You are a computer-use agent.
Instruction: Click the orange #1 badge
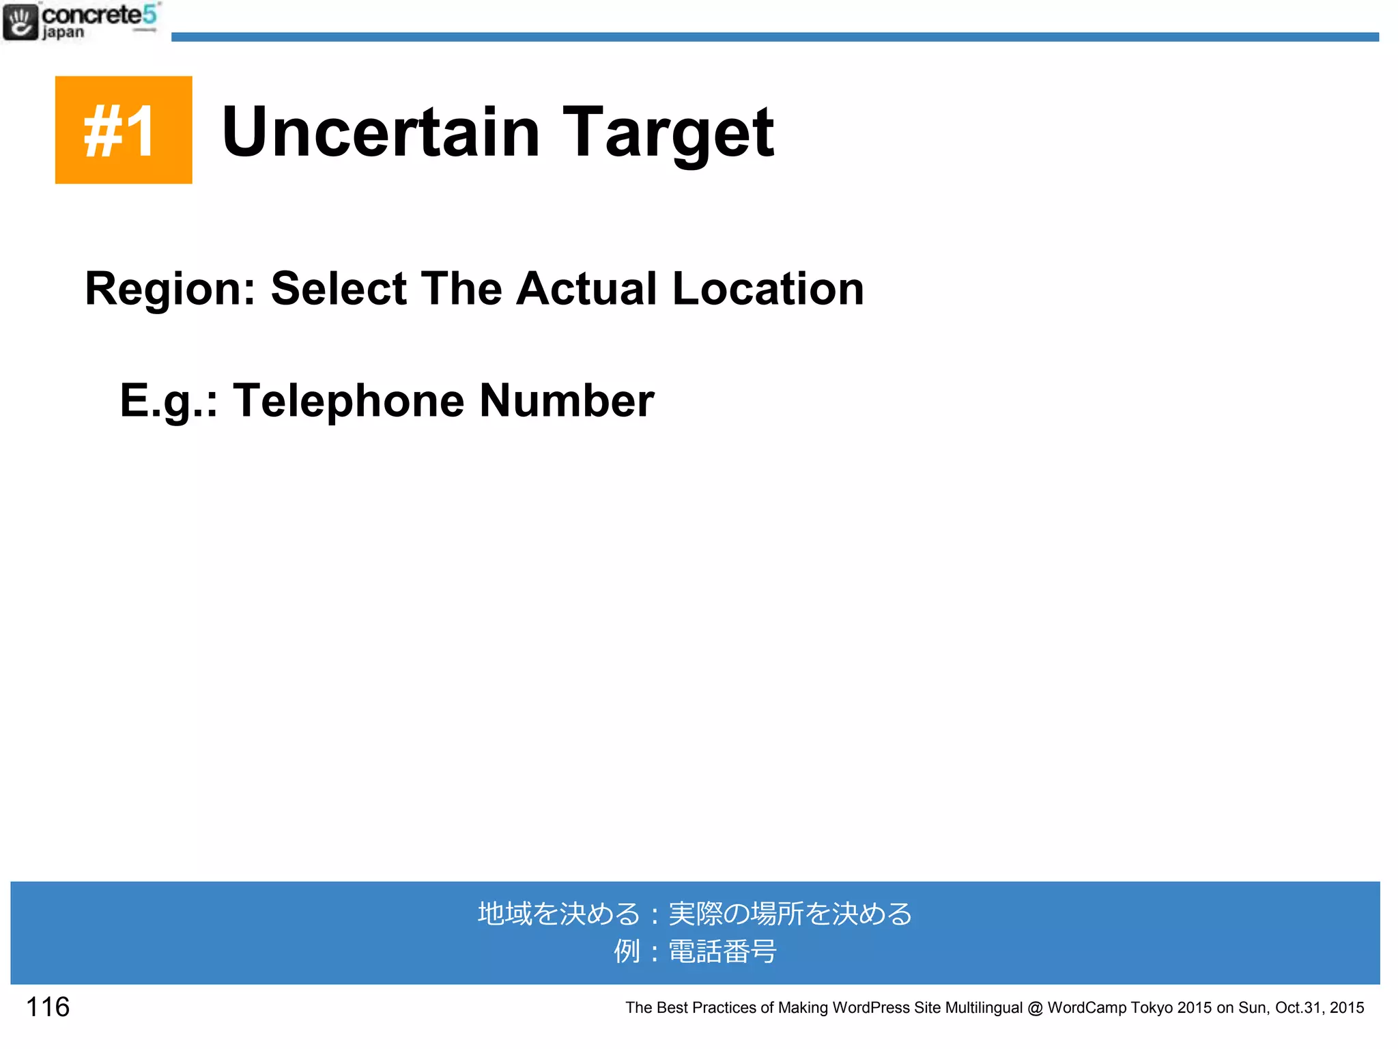124,130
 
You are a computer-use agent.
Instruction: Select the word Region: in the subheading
170,290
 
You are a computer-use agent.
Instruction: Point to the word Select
339,288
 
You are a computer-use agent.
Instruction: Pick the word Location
768,290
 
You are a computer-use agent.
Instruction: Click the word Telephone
348,402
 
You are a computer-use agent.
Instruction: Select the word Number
567,400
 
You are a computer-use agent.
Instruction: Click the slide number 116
48,1007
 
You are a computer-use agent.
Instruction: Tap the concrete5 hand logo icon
20,22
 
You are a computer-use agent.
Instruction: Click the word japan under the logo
63,33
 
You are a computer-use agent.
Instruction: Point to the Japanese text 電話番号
722,951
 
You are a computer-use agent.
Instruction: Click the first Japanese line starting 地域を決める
695,914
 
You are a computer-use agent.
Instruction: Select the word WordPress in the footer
871,1007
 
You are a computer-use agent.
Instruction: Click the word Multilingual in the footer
984,1007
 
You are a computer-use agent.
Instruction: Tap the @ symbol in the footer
1035,1007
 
